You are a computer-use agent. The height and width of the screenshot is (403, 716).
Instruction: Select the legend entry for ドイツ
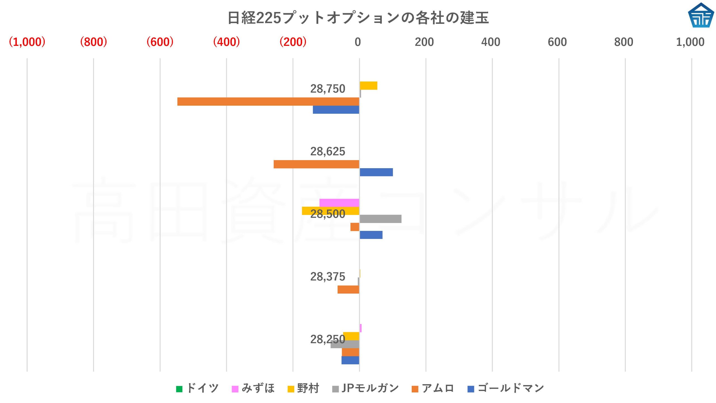coord(197,388)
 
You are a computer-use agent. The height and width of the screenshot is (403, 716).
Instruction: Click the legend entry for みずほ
coord(253,388)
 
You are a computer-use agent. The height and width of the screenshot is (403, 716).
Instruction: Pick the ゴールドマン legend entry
coord(506,388)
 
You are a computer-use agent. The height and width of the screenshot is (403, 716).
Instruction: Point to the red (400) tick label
coord(226,42)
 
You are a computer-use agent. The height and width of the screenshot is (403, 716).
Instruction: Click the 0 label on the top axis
coord(358,42)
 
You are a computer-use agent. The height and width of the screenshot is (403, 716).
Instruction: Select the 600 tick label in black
coord(557,42)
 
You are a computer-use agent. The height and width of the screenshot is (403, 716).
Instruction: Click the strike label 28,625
coord(328,151)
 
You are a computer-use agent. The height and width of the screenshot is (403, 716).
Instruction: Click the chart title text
coord(358,18)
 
